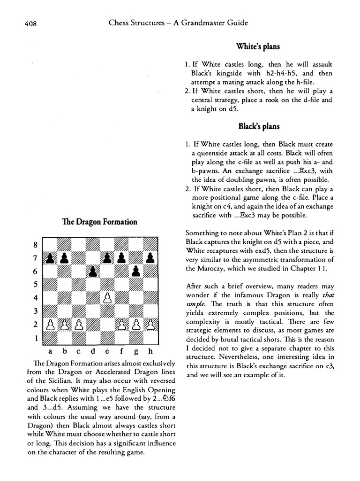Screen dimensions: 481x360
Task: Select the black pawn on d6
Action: pos(93,272)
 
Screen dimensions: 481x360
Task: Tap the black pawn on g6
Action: pos(135,272)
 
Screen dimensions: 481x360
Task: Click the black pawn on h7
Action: pos(150,258)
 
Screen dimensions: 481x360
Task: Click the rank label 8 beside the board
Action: pos(34,245)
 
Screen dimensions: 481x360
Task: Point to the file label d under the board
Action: pos(93,351)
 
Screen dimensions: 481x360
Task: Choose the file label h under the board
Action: pos(150,351)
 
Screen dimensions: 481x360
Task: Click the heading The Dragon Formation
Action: pos(100,222)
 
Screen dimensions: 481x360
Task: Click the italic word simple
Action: pos(197,304)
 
